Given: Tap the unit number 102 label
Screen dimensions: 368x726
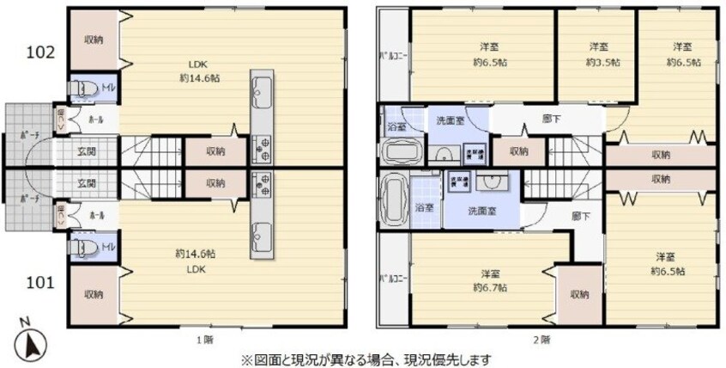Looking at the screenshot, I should tap(40, 52).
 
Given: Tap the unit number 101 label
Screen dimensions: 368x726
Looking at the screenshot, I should tap(40, 281).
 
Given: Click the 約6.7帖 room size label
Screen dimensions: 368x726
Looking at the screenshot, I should tap(490, 288).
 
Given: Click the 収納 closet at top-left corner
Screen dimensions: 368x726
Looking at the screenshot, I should tap(94, 40).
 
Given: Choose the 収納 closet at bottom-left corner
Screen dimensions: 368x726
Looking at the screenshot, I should tap(94, 294).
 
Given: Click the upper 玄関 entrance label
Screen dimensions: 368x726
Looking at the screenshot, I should tap(87, 152).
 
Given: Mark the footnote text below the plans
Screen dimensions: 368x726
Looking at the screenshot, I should tap(365, 359).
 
